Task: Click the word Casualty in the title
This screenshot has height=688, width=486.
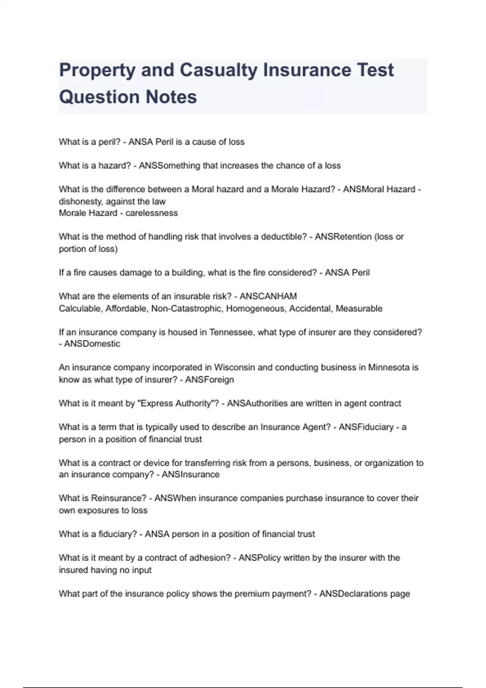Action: point(218,70)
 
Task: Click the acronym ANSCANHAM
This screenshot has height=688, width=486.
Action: point(268,296)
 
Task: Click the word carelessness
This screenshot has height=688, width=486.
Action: point(151,213)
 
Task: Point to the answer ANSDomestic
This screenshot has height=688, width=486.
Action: point(92,344)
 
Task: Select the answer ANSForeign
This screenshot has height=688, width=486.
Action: point(209,380)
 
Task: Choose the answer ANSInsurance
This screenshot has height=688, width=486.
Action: point(190,474)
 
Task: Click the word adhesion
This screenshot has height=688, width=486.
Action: point(213,558)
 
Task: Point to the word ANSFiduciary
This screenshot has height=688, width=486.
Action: point(366,427)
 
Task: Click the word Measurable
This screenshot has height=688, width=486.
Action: point(359,308)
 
